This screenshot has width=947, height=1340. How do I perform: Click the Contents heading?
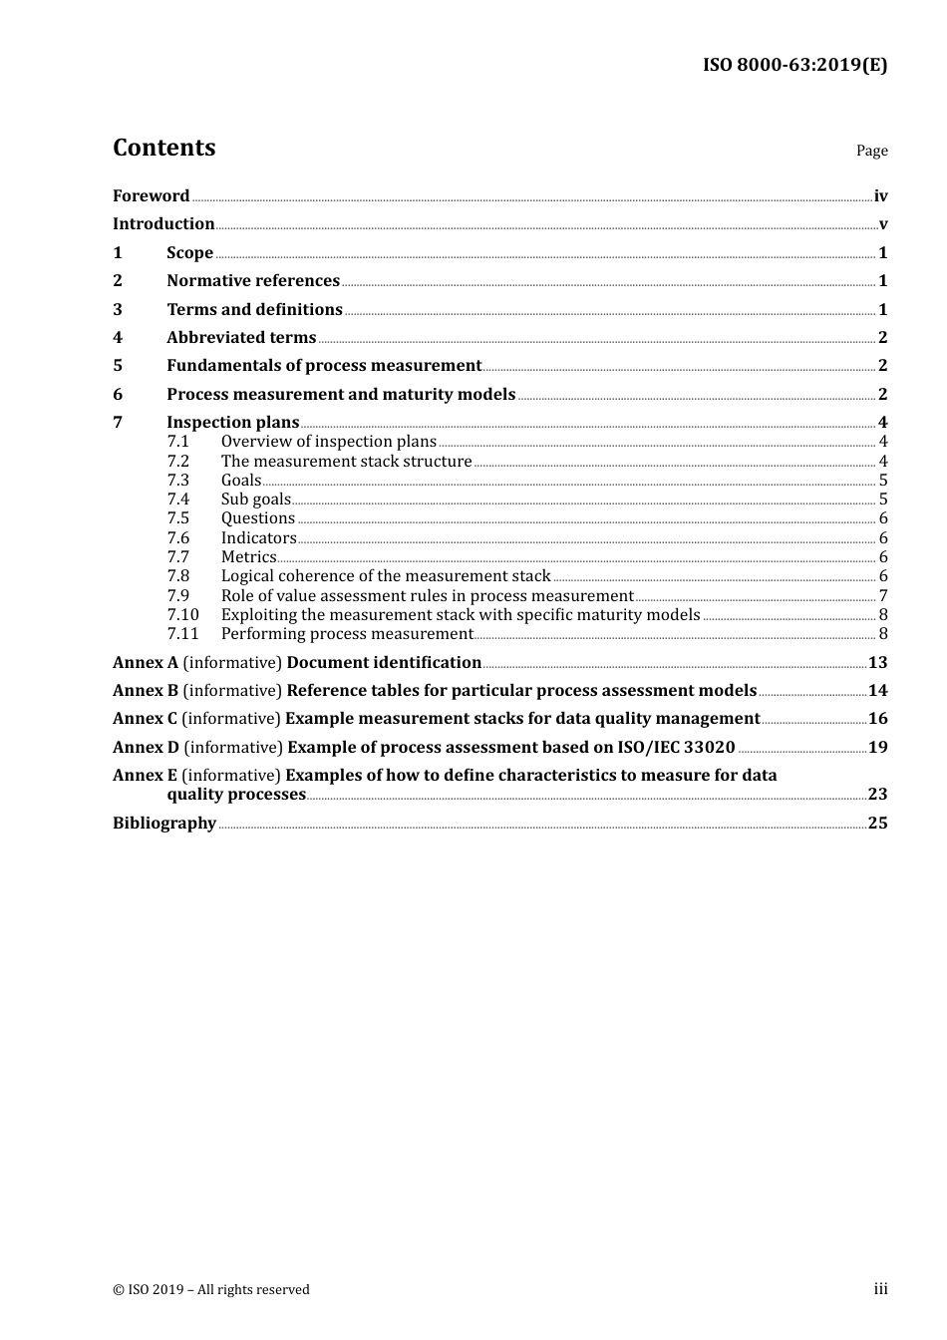(x=163, y=148)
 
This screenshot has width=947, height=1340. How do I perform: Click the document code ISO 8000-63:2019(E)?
(x=794, y=66)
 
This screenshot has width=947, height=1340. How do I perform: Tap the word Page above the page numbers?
(x=871, y=151)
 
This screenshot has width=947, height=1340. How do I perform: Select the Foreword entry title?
(x=151, y=196)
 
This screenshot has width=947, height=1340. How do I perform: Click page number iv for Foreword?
(x=880, y=196)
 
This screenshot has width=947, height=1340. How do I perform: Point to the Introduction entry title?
(x=163, y=224)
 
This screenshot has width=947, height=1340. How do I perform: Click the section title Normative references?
(x=253, y=281)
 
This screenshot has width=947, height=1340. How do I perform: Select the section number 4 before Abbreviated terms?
(x=118, y=338)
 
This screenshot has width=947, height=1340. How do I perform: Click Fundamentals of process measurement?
(x=324, y=366)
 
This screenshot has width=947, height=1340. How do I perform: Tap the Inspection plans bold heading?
(x=232, y=423)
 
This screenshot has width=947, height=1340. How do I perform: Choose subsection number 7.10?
(x=182, y=615)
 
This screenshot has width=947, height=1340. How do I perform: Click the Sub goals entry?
(x=255, y=500)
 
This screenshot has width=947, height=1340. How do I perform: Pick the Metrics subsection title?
(x=248, y=557)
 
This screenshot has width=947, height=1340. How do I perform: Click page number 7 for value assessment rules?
(x=883, y=596)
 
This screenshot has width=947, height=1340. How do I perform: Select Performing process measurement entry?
(x=346, y=634)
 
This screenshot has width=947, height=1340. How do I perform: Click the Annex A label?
(x=146, y=663)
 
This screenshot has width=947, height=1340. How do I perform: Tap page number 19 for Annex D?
(x=877, y=748)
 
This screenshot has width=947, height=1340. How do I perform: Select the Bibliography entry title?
(x=164, y=824)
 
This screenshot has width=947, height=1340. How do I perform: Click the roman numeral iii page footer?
(x=880, y=1289)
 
